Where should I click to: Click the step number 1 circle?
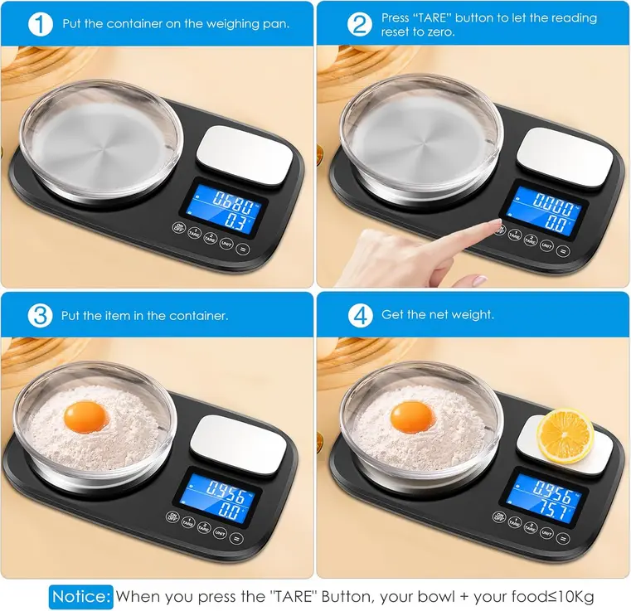click(x=41, y=23)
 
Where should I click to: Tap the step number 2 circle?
click(x=360, y=23)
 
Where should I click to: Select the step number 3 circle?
click(x=40, y=315)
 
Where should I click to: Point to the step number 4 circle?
click(x=360, y=315)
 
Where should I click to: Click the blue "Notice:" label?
click(x=81, y=595)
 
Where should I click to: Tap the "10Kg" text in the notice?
click(x=575, y=595)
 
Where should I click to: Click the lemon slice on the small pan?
click(x=565, y=435)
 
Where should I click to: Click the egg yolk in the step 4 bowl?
click(x=411, y=415)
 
